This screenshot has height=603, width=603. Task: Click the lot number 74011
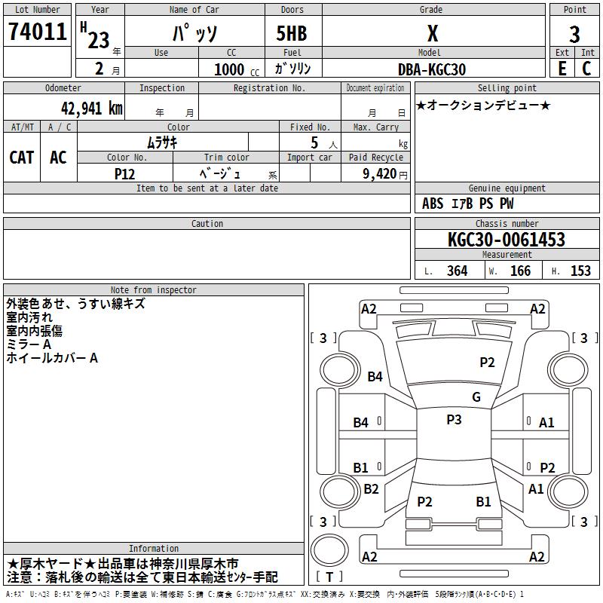37,31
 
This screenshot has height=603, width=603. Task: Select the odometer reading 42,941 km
91,109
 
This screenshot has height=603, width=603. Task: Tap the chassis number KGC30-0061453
507,240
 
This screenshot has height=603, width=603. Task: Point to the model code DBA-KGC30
432,69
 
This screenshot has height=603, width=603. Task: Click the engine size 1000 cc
237,69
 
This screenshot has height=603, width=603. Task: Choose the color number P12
124,174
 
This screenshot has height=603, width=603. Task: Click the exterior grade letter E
562,69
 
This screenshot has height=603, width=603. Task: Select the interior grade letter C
586,69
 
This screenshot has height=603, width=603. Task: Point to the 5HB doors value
292,33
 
